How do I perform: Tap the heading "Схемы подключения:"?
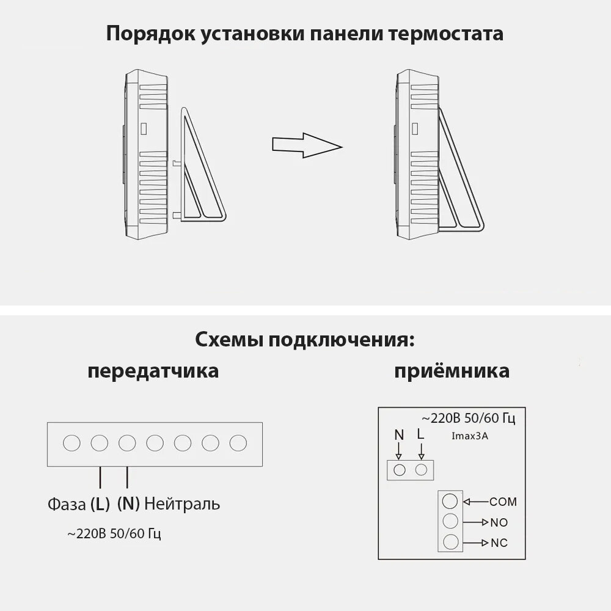305,340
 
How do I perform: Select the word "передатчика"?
153,371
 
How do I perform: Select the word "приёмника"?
452,371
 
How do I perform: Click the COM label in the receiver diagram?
503,502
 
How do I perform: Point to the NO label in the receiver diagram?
499,522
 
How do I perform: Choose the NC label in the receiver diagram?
499,543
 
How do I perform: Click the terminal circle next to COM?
450,501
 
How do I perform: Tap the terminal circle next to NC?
450,541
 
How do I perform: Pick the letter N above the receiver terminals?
399,435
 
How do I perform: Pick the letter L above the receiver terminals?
420,434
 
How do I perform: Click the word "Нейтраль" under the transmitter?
183,504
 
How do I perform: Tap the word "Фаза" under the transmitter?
67,505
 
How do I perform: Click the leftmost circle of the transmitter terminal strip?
71,442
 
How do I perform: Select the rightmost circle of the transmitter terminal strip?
238,442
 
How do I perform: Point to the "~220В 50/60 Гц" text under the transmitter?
114,533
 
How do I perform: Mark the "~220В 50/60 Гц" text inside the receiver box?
469,419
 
